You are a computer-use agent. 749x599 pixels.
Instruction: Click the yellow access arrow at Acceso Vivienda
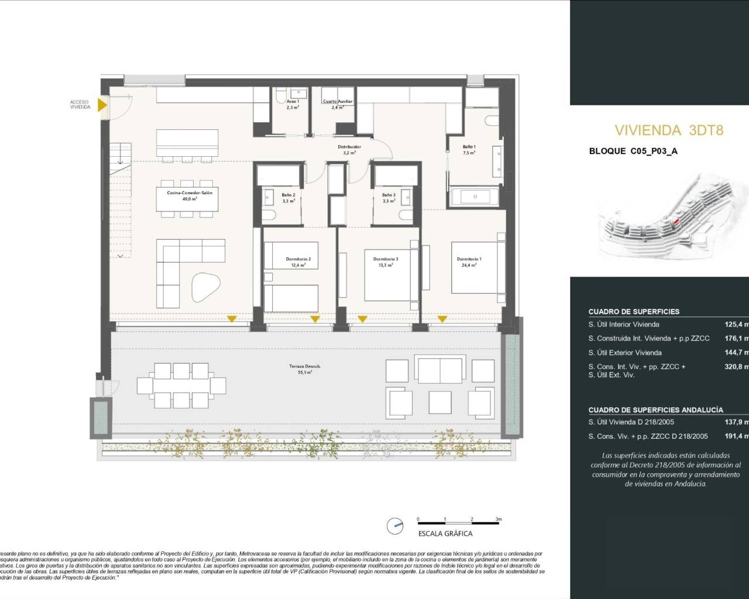tap(102, 105)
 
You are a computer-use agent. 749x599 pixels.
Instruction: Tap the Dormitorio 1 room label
tap(469, 259)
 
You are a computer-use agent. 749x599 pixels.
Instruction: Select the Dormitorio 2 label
tap(298, 259)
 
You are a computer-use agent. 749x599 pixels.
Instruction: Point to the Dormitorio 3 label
tap(386, 259)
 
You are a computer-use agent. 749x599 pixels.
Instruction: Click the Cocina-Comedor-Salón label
tap(181, 193)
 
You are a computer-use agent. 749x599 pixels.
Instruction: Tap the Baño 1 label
tap(469, 147)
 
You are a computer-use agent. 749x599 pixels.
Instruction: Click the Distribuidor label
tap(349, 147)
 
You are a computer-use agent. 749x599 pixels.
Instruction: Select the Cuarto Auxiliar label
tap(338, 102)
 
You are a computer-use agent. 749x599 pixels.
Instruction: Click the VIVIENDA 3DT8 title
tap(669, 130)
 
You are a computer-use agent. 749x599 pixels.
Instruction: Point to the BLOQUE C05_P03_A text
tap(633, 151)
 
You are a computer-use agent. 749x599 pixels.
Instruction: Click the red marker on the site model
tap(676, 222)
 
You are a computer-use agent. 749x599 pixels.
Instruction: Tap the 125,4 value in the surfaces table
tap(734, 324)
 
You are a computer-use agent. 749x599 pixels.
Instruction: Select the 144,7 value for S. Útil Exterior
tap(734, 353)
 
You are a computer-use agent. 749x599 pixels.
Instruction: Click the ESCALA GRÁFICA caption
tap(445, 533)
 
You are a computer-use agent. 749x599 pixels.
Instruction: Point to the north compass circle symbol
tap(396, 526)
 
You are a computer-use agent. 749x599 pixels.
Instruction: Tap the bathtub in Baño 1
tap(475, 197)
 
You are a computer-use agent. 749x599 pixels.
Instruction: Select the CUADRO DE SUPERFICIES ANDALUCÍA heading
tap(655, 410)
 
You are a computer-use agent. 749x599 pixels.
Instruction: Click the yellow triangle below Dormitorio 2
tap(315, 319)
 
